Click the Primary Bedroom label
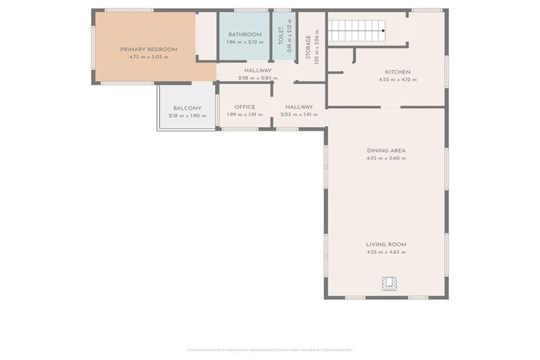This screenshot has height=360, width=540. pyautogui.click(x=148, y=49)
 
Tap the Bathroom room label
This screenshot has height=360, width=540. pyautogui.click(x=244, y=34)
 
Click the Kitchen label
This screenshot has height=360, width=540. pyautogui.click(x=397, y=72)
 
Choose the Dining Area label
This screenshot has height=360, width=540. pyautogui.click(x=386, y=150)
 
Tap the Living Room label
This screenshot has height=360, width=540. pyautogui.click(x=386, y=244)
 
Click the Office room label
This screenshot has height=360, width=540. pyautogui.click(x=245, y=107)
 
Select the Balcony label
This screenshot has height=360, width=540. pyautogui.click(x=187, y=108)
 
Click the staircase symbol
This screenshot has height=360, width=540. pyautogui.click(x=357, y=31)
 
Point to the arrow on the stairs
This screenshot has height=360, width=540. pyautogui.click(x=382, y=30)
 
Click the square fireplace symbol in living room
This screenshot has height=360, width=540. pyautogui.click(x=389, y=283)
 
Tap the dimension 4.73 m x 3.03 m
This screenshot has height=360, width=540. pyautogui.click(x=148, y=57)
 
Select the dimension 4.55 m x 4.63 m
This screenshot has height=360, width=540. pyautogui.click(x=386, y=252)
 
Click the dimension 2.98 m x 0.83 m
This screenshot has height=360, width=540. pyautogui.click(x=258, y=78)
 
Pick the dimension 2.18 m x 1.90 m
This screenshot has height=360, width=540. pyautogui.click(x=187, y=115)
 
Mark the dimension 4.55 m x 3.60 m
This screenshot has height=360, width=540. pyautogui.click(x=386, y=158)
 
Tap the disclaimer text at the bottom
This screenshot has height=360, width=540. pyautogui.click(x=270, y=349)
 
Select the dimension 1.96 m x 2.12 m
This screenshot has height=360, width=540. pyautogui.click(x=244, y=42)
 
